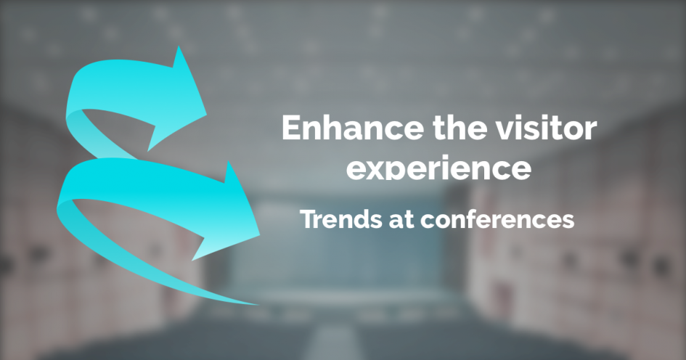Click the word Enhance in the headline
click(353, 127)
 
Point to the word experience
click(438, 169)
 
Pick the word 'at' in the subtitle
click(401, 220)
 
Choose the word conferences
click(497, 219)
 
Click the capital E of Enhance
click(292, 127)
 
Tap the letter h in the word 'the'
click(455, 127)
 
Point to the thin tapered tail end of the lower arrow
click(256, 303)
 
